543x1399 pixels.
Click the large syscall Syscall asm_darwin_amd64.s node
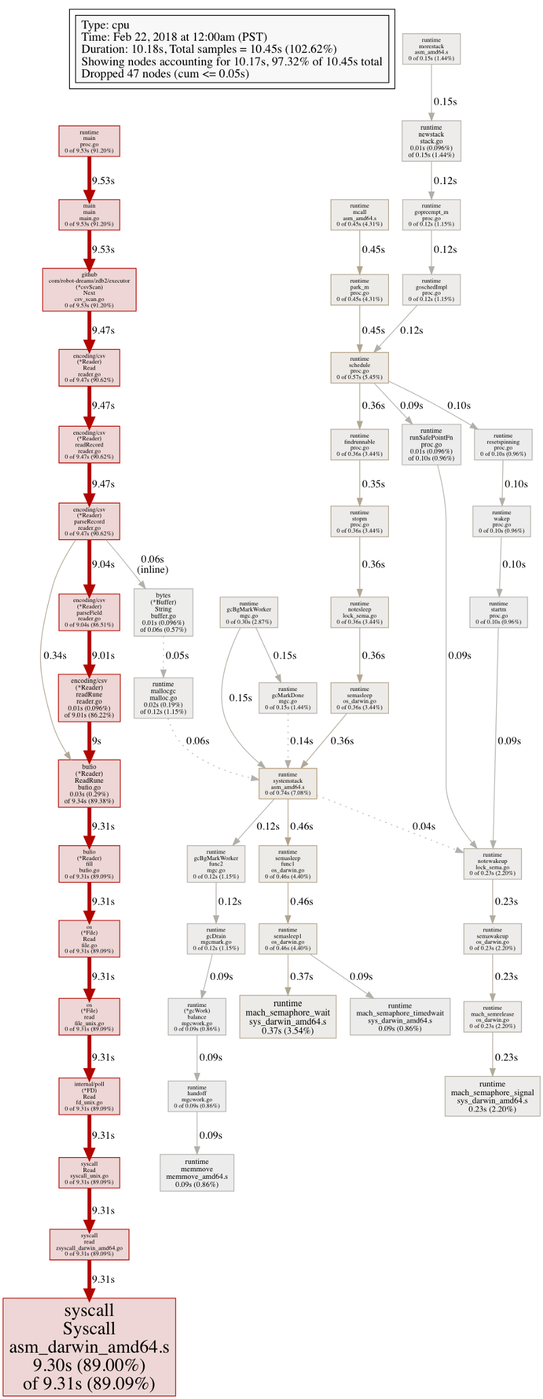point(89,1347)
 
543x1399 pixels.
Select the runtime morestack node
point(431,49)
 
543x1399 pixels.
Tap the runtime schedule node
point(360,368)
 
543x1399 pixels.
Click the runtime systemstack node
point(288,783)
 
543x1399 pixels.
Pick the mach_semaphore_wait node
point(288,1016)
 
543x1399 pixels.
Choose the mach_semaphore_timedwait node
point(400,1016)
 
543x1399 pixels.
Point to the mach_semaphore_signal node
point(492,1096)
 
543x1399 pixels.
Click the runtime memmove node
point(197,1173)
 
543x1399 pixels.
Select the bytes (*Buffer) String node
point(163,612)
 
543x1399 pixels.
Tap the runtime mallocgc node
point(163,698)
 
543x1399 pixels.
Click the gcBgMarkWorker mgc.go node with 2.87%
point(249,612)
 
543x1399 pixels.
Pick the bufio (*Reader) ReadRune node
point(89,783)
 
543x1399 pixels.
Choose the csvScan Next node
point(89,289)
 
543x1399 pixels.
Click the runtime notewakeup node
point(492,864)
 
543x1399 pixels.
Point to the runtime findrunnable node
point(360,444)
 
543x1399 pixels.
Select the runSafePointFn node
point(431,444)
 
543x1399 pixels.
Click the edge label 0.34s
point(55,655)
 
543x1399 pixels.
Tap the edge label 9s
point(96,741)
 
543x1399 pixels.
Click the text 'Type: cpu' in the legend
point(105,25)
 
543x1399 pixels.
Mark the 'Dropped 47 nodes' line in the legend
point(165,73)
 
